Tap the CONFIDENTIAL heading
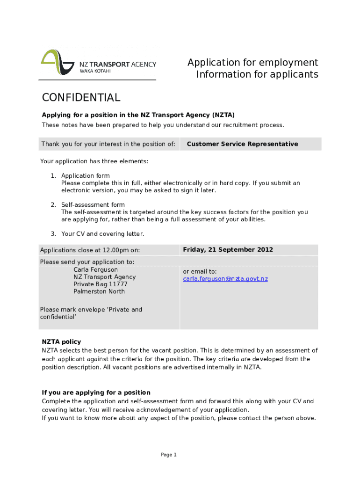coord(81,98)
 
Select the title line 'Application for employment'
coord(252,63)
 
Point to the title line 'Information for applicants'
coord(257,75)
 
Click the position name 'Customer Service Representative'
coord(242,144)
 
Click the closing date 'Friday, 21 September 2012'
coord(228,250)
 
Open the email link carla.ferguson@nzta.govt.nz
coord(225,279)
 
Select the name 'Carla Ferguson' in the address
coord(95,270)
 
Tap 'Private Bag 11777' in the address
coord(100,284)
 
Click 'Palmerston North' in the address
coord(99,291)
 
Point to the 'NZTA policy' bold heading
coord(61,342)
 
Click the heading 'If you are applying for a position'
coord(96,392)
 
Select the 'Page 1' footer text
coord(168,455)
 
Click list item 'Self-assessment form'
coord(93,205)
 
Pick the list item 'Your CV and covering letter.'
coord(102,234)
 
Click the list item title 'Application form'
coord(85,176)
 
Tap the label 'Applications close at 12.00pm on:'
coord(90,250)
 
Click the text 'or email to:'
coord(200,272)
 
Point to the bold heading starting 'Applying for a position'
coord(138,115)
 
